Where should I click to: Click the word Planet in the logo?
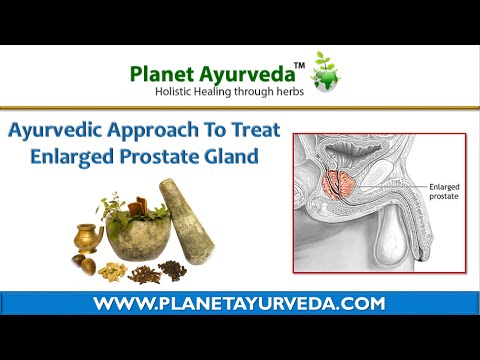(159, 74)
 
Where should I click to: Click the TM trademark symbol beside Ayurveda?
(298, 66)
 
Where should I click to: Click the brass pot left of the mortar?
(88, 238)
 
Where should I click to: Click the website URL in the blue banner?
(240, 303)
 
